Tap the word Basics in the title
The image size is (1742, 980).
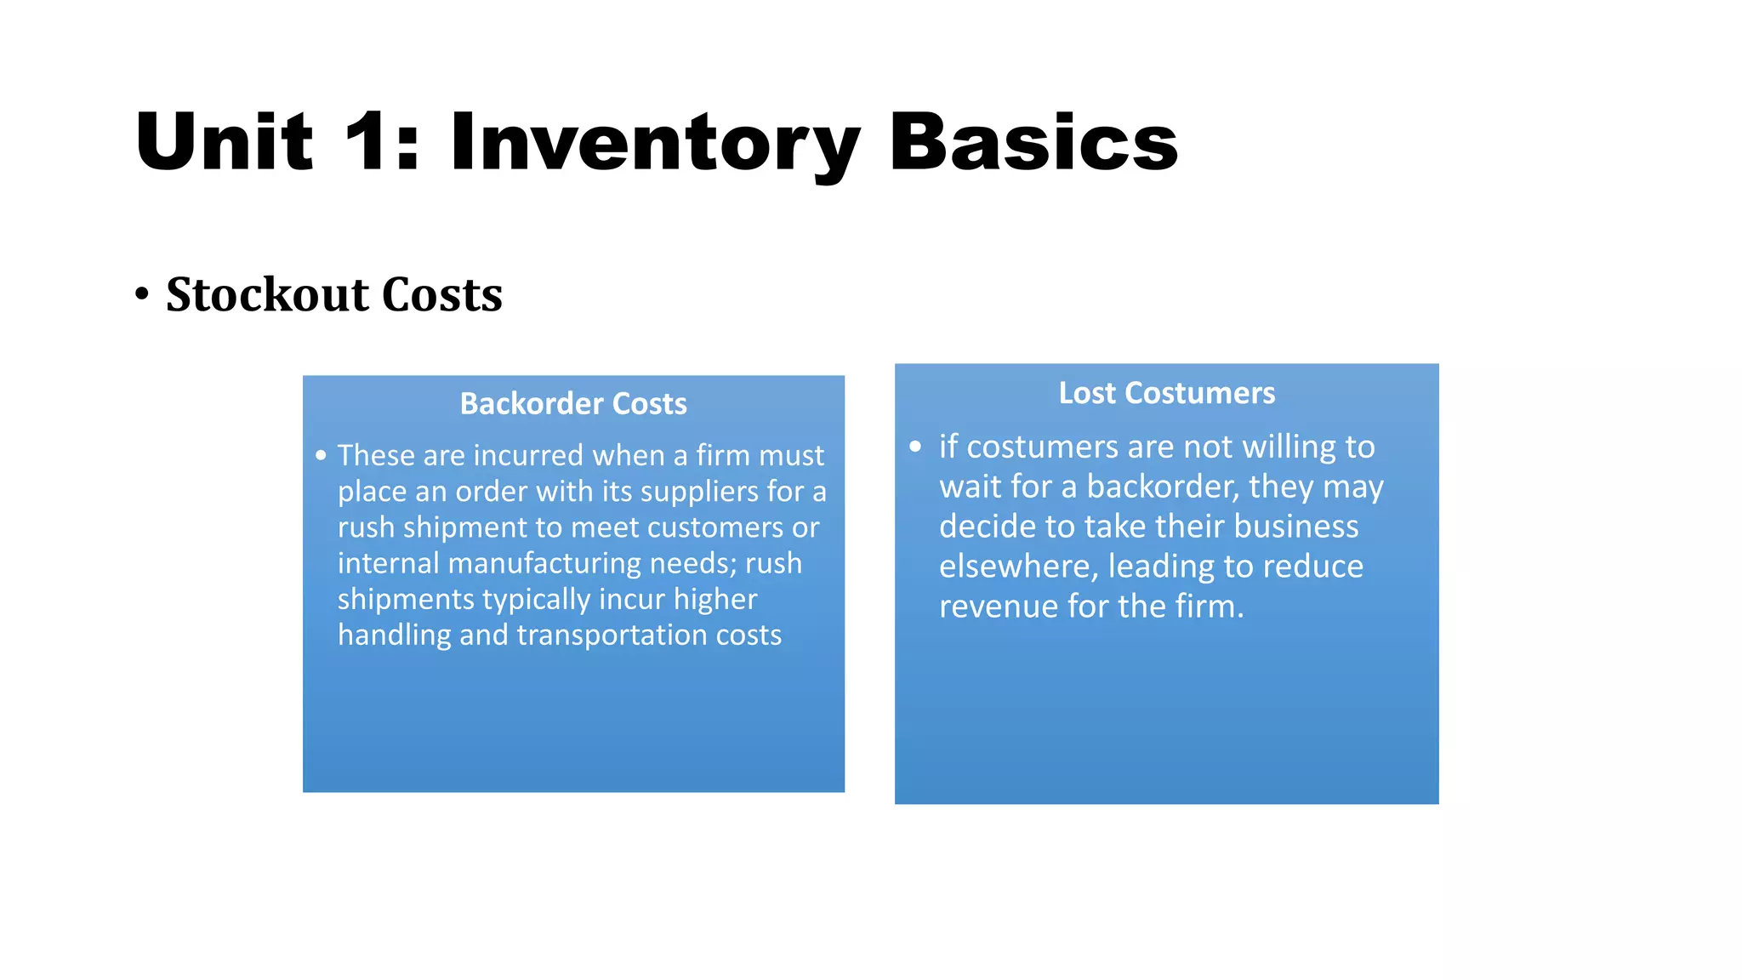(1033, 143)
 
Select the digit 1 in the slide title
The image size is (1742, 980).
(367, 143)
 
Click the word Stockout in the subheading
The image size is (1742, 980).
(267, 295)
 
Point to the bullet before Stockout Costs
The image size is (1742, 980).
(142, 295)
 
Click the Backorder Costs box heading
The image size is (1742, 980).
(573, 403)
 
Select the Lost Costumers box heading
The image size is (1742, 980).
(1166, 393)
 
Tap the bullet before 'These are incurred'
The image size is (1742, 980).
(321, 456)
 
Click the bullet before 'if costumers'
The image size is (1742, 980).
(915, 447)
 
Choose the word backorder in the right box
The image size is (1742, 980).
(1162, 487)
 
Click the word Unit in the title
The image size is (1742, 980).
(225, 143)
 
